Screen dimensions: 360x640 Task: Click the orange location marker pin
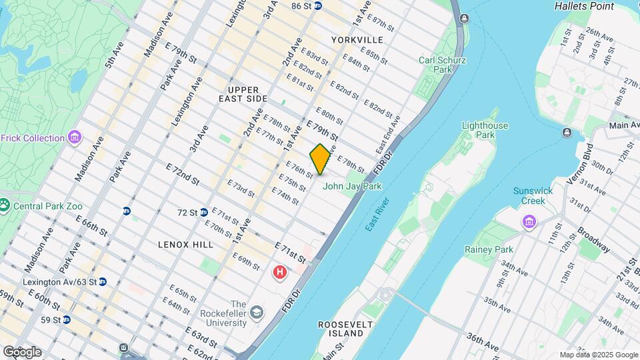(x=320, y=159)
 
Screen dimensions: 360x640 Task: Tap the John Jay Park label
(x=352, y=187)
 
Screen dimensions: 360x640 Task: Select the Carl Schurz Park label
(x=442, y=65)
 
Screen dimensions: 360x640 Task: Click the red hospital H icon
(x=281, y=272)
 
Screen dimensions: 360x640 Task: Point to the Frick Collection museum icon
(x=75, y=138)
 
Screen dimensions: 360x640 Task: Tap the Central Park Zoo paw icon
(x=5, y=205)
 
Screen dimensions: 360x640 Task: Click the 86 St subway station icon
(x=318, y=6)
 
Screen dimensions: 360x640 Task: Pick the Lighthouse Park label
(x=485, y=130)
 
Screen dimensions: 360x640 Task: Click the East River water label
(x=378, y=215)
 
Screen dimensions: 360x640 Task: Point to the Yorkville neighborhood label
(x=357, y=40)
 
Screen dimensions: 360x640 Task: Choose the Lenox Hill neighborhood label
(x=186, y=245)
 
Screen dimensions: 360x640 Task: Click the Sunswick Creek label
(x=533, y=195)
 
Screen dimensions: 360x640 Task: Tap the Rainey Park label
(x=489, y=249)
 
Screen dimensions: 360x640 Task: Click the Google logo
(x=22, y=352)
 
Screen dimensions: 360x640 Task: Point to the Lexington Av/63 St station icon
(x=103, y=282)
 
